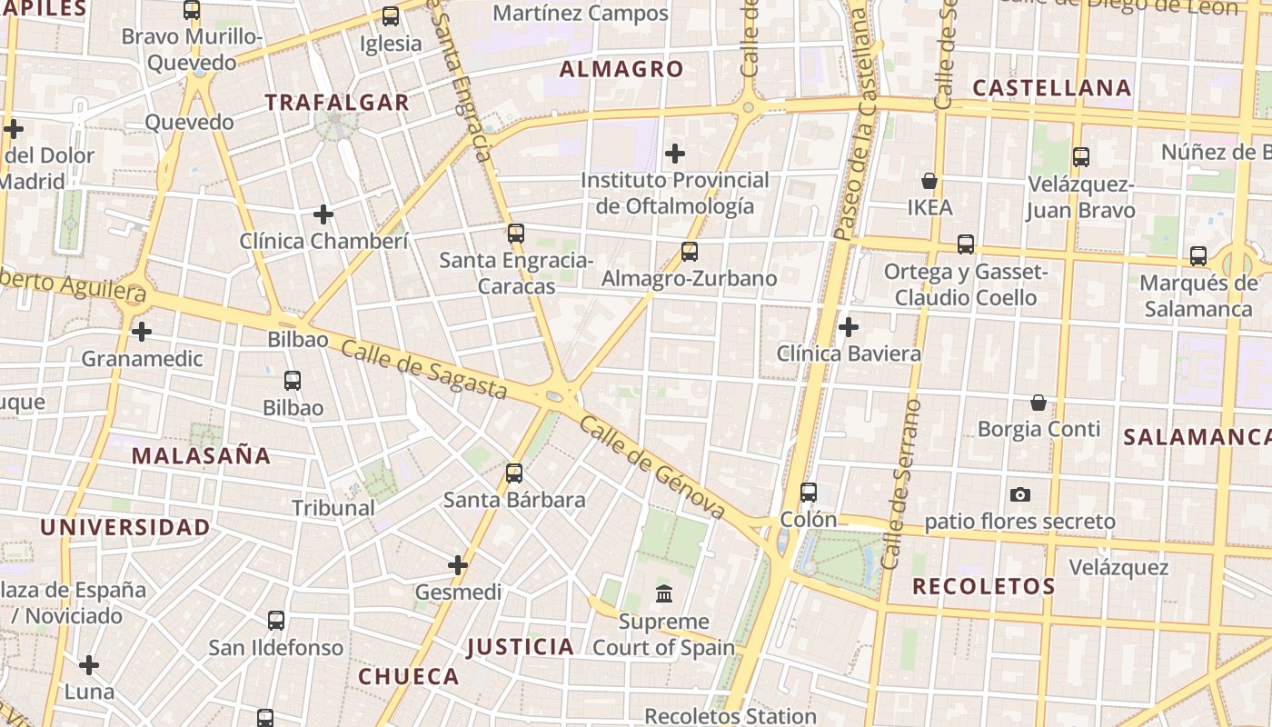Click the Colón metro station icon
pos(809,493)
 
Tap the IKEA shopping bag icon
pos(929,181)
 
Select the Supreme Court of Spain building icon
pos(664,594)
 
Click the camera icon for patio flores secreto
pos(1020,494)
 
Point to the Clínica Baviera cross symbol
pos(849,326)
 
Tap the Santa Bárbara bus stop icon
pos(514,473)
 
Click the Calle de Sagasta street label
pos(424,371)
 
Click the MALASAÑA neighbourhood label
pos(201,456)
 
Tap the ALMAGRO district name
pos(621,69)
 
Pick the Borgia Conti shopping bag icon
pos(1038,402)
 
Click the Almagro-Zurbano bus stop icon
pos(690,252)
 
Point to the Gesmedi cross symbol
pos(458,565)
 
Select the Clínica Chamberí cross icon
pos(323,214)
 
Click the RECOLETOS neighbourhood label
pos(983,586)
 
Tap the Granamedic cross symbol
pos(142,332)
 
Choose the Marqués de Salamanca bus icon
pos(1198,256)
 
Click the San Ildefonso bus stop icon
pos(276,621)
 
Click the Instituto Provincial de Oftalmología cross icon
pos(675,153)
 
